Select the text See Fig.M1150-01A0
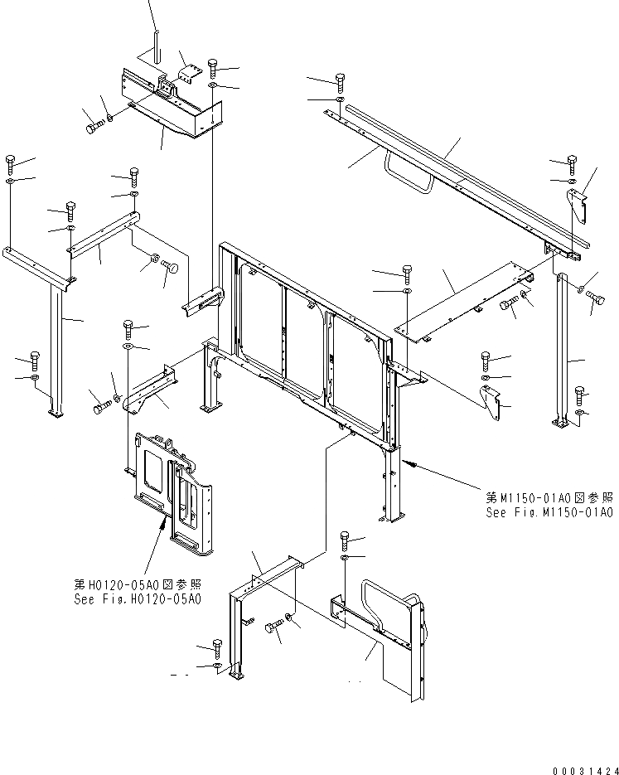pyautogui.click(x=549, y=513)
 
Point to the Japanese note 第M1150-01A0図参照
pyautogui.click(x=549, y=498)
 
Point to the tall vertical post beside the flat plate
pyautogui.click(x=566, y=348)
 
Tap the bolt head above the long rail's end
pyautogui.click(x=341, y=80)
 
